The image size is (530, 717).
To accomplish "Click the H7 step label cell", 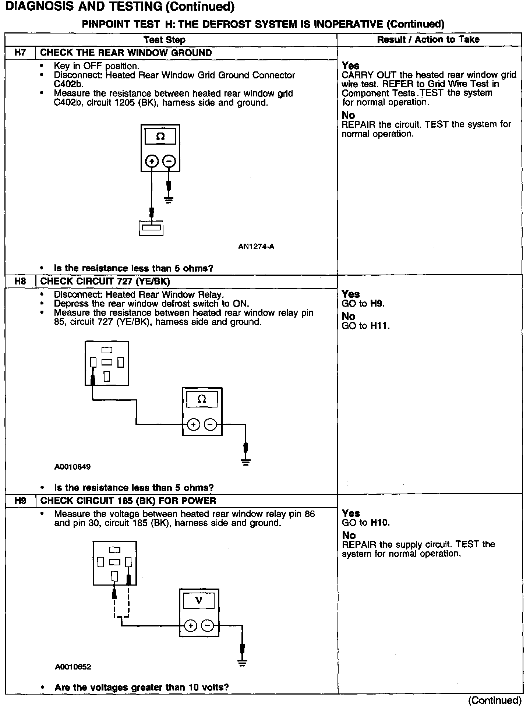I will tap(20, 53).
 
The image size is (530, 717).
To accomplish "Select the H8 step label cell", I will tap(20, 282).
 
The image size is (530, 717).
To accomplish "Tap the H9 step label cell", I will tap(20, 501).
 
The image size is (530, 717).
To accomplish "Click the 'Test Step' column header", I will tap(164, 40).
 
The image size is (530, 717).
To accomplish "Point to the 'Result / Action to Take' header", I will tap(428, 40).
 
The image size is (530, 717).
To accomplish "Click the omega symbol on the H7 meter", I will tap(160, 137).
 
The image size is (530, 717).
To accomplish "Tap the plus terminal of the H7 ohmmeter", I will tap(152, 161).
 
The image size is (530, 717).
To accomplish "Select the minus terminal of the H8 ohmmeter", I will tap(210, 425).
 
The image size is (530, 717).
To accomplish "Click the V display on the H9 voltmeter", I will tap(199, 601).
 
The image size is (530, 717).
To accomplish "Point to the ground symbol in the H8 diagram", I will tap(246, 462).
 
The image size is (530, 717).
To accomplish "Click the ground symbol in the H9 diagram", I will tap(242, 663).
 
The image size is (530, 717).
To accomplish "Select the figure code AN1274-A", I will tap(256, 247).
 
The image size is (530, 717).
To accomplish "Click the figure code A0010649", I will tap(73, 467).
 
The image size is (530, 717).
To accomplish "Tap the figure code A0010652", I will tap(73, 667).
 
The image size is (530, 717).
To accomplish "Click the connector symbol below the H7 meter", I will tap(151, 228).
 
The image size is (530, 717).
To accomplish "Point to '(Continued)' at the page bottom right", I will tap(495, 700).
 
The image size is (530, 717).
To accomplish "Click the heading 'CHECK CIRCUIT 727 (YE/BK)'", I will tap(105, 282).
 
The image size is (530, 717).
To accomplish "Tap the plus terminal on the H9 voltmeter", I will tap(190, 626).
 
